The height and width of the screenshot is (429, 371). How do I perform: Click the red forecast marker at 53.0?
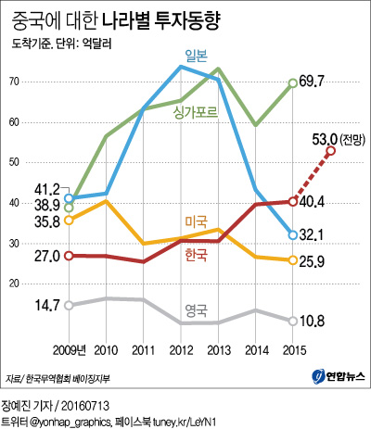pyautogui.click(x=330, y=151)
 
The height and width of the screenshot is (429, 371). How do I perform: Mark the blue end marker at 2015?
pyautogui.click(x=292, y=235)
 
